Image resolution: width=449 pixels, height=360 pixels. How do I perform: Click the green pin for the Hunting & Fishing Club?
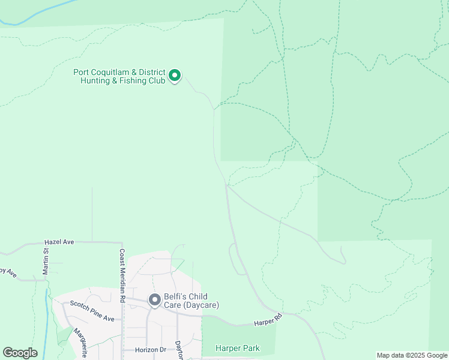[175, 76]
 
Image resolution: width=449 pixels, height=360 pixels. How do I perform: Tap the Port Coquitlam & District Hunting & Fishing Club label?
[119, 76]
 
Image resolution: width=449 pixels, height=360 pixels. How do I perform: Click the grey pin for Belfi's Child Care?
[154, 299]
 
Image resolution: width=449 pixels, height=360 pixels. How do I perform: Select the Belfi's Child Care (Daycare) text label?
[191, 300]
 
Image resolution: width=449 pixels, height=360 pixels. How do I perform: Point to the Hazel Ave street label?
[59, 242]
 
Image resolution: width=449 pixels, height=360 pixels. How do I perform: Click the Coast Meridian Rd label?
[122, 275]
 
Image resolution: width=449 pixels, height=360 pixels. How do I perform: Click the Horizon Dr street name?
[142, 349]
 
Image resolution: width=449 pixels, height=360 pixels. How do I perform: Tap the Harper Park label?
[238, 348]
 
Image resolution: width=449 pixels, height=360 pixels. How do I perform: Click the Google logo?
[20, 353]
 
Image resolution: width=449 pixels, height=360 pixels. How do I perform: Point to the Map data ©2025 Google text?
[412, 355]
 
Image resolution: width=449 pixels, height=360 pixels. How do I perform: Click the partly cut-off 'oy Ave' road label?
[8, 272]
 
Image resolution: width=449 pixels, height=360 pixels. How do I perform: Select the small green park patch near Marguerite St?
[63, 335]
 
